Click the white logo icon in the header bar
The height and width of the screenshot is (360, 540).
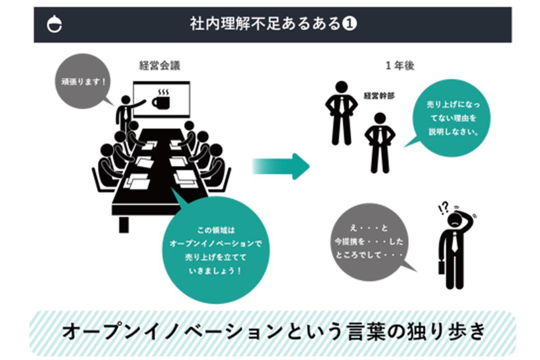click(x=55, y=25)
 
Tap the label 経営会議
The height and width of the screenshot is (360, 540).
click(x=160, y=66)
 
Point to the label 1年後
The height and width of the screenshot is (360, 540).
click(x=400, y=66)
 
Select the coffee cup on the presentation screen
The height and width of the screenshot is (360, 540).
click(x=160, y=100)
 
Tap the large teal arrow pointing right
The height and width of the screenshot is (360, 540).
click(x=281, y=166)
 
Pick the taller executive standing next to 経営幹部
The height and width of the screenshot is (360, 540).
click(x=341, y=112)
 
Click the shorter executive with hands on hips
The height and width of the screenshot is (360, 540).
click(x=379, y=142)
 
